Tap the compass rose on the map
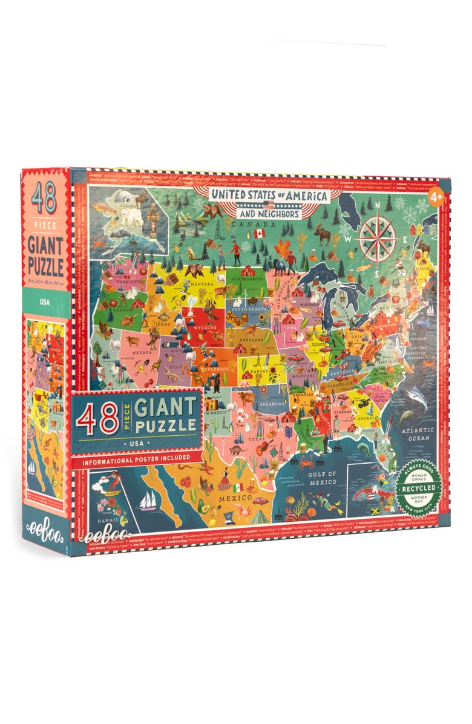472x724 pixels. [x=376, y=237]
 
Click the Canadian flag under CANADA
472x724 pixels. [x=260, y=233]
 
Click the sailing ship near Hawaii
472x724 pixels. [x=149, y=501]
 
